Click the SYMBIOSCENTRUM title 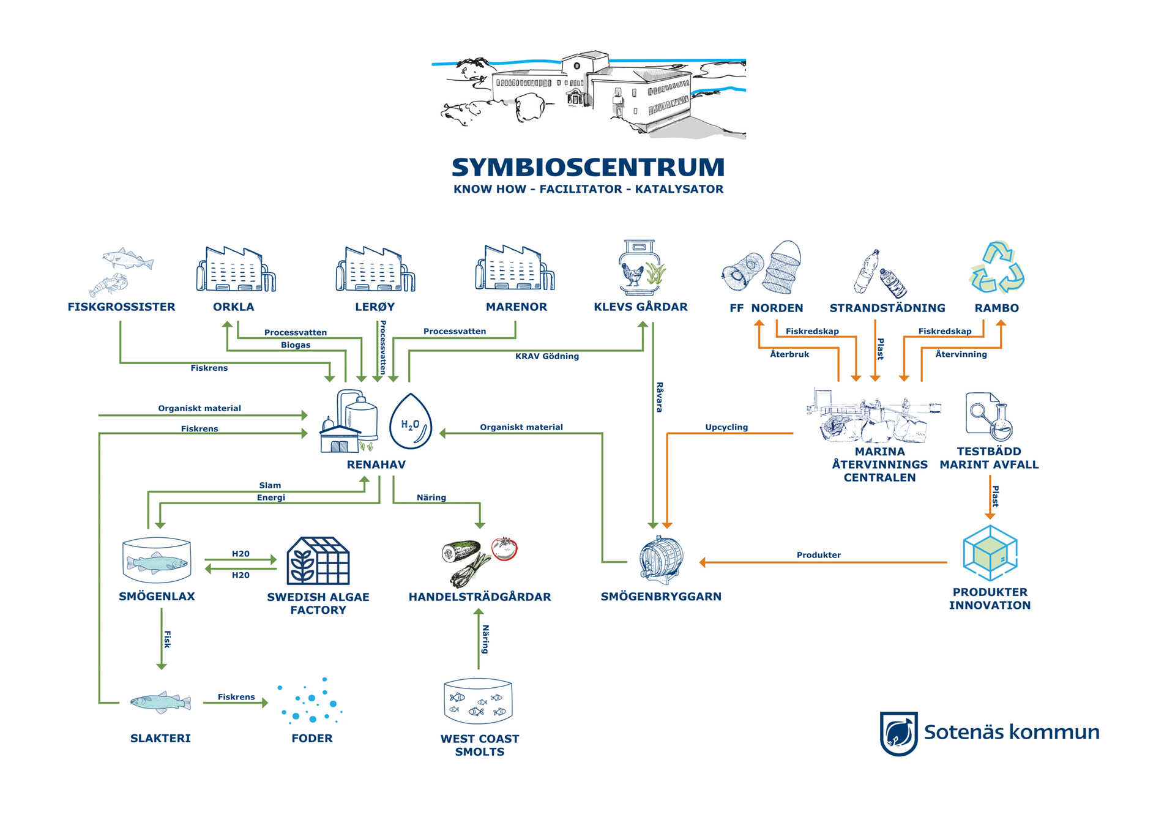click(587, 167)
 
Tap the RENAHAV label click(376, 464)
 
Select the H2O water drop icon click(411, 422)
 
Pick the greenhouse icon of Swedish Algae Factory click(318, 561)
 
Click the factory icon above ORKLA click(235, 269)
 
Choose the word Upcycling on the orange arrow click(726, 427)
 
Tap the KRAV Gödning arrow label click(546, 356)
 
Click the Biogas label click(296, 345)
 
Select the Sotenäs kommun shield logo click(898, 733)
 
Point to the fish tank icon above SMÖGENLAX click(157, 561)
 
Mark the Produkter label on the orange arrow click(818, 555)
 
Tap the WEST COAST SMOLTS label click(480, 745)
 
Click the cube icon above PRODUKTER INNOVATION click(990, 553)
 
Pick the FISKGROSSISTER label click(121, 307)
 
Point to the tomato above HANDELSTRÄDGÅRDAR click(505, 548)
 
